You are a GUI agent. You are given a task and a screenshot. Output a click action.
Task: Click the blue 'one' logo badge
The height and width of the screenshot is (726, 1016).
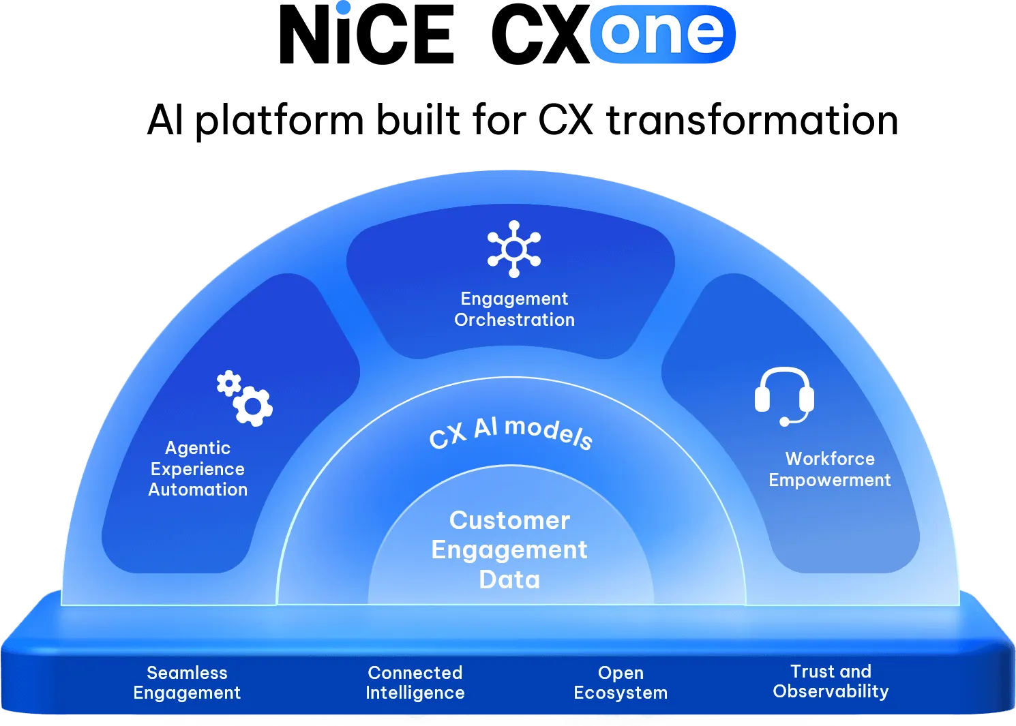click(x=662, y=33)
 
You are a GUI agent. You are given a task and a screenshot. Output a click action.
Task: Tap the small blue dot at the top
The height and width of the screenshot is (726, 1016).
click(x=344, y=8)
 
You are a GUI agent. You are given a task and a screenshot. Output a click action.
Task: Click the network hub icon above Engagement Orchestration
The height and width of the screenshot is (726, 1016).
click(x=514, y=249)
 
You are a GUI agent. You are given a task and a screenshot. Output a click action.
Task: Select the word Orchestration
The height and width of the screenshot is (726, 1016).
click(x=514, y=320)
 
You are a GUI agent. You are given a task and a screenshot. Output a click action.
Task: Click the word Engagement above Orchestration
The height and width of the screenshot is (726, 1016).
click(x=514, y=299)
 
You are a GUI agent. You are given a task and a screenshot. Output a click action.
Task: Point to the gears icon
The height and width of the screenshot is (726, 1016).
click(x=245, y=398)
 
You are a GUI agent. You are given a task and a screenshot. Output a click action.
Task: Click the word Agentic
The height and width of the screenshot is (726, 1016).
click(x=198, y=448)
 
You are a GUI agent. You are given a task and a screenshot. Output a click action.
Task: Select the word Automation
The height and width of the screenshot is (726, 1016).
click(x=198, y=489)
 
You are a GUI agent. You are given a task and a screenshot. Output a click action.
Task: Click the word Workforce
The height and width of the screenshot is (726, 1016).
click(x=830, y=459)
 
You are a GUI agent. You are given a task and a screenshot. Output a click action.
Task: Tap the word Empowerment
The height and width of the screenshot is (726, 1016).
click(x=830, y=480)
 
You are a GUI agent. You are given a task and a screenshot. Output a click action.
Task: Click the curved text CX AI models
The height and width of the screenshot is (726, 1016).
click(x=510, y=432)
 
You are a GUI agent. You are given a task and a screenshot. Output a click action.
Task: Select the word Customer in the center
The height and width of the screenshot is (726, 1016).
click(x=509, y=520)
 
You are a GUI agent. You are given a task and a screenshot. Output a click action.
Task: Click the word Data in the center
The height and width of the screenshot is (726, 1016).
click(x=509, y=579)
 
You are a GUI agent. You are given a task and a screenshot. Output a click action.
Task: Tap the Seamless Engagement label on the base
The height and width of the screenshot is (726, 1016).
click(x=187, y=682)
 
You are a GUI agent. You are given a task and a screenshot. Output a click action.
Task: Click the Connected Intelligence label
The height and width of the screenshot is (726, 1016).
click(x=415, y=682)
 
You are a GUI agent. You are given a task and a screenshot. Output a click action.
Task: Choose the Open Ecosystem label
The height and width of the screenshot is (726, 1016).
click(x=621, y=682)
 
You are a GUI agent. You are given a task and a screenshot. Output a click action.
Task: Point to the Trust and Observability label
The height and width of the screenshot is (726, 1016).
click(x=831, y=681)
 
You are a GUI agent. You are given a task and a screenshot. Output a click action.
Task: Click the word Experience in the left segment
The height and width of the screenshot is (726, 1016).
click(x=198, y=469)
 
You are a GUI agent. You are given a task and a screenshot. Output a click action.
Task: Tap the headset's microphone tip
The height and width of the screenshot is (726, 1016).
click(x=785, y=422)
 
